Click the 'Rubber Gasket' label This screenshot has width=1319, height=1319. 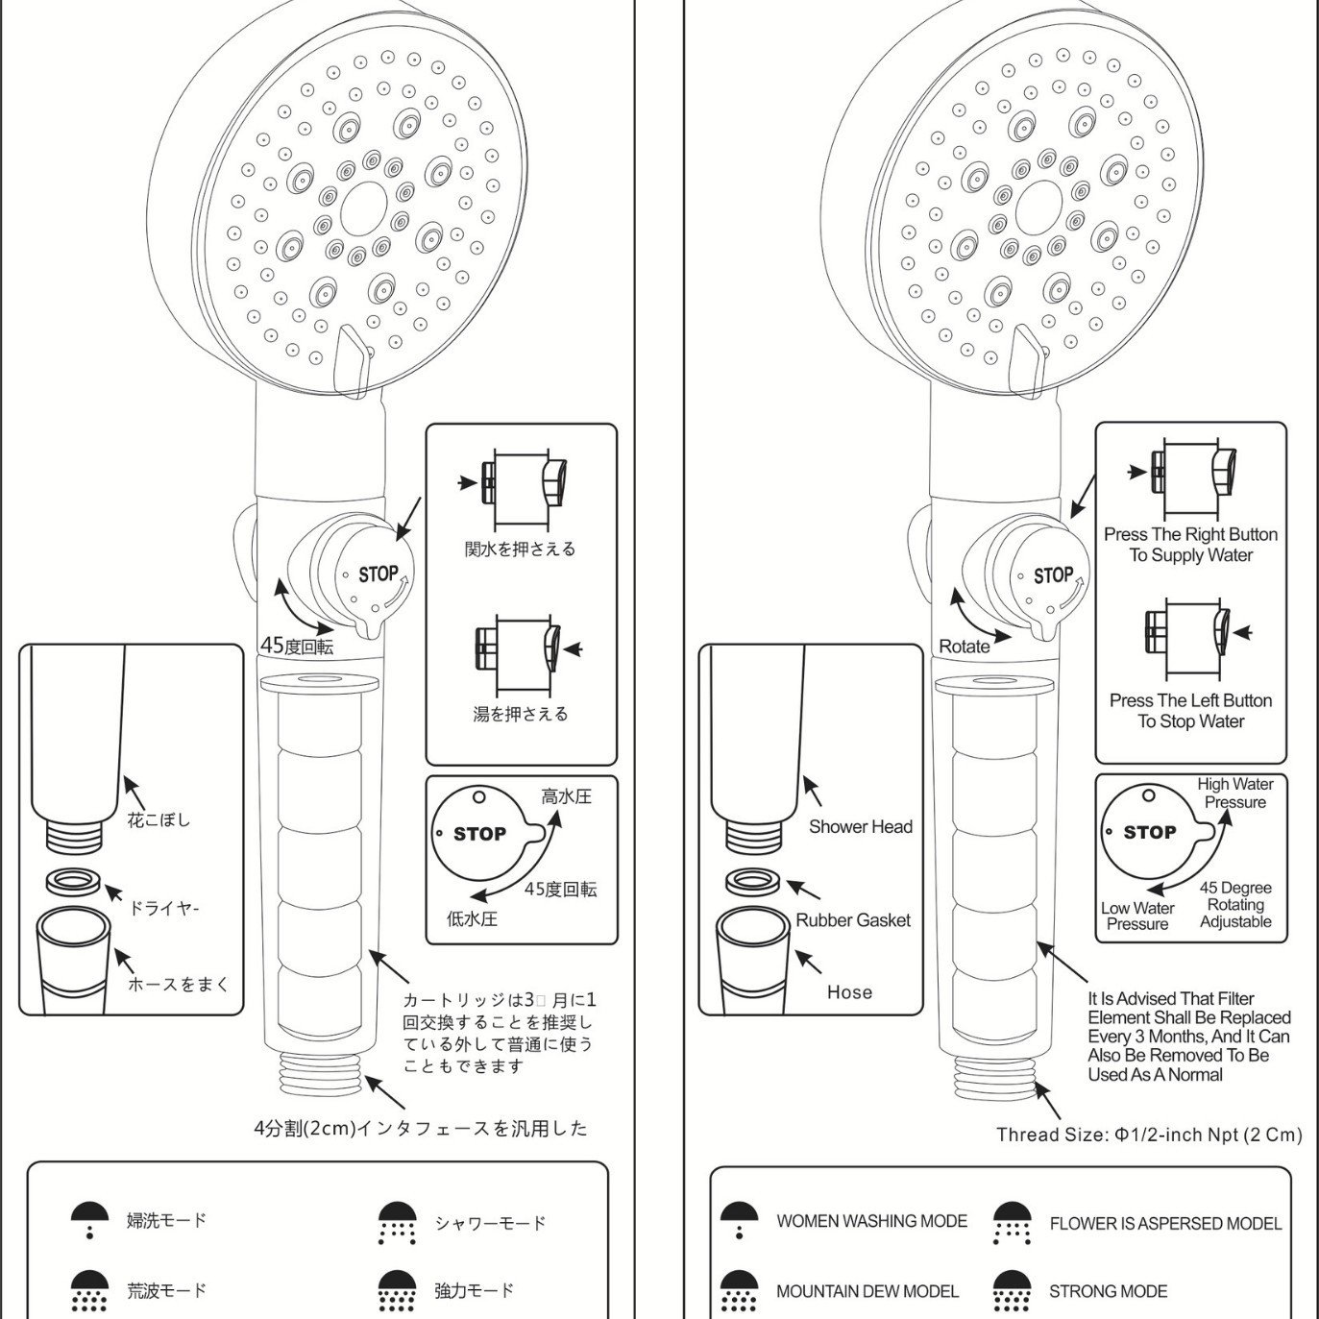(853, 920)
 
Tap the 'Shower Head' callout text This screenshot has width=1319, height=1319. (860, 826)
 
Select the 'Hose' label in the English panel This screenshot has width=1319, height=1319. (849, 992)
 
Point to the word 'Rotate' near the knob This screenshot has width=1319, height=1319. (964, 647)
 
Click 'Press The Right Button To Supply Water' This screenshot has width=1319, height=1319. (1190, 545)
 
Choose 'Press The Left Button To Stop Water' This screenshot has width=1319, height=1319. (1190, 711)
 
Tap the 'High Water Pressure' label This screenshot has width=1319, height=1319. (1234, 794)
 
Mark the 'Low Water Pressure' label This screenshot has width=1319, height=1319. (1137, 916)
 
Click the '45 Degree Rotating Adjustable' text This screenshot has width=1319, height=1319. (1235, 905)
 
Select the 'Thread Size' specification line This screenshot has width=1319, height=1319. (1149, 1135)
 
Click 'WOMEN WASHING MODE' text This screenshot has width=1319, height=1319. (871, 1221)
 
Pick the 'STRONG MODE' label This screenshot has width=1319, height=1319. (1108, 1292)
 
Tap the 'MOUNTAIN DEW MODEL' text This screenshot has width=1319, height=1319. (867, 1292)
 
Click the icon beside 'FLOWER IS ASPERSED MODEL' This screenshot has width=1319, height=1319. (1012, 1223)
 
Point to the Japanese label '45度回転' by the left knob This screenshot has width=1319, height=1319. (298, 647)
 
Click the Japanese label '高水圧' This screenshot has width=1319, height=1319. (566, 796)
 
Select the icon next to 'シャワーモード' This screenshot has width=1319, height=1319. (397, 1223)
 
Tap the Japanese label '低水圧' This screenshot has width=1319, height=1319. (472, 918)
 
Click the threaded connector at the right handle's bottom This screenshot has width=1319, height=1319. (996, 1075)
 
